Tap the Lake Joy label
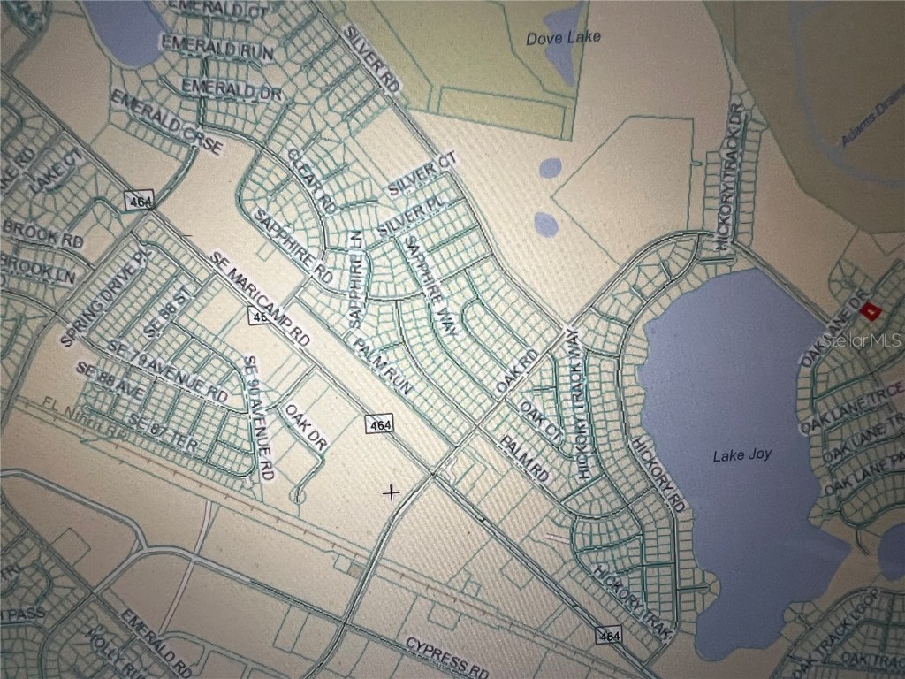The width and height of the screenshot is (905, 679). coord(742,455)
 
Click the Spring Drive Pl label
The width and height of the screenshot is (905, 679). coord(104,297)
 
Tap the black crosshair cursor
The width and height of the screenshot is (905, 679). coord(389,492)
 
